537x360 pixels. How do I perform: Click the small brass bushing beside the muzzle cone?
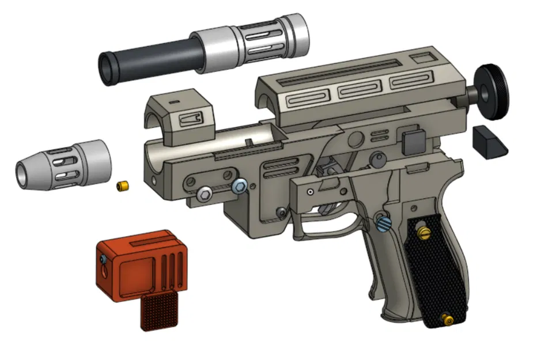(x=122, y=187)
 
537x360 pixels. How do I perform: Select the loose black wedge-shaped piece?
(x=489, y=142)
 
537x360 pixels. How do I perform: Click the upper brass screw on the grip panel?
(x=425, y=232)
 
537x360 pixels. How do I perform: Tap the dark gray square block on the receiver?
(x=413, y=142)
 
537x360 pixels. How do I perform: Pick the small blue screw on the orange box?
(x=101, y=260)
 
